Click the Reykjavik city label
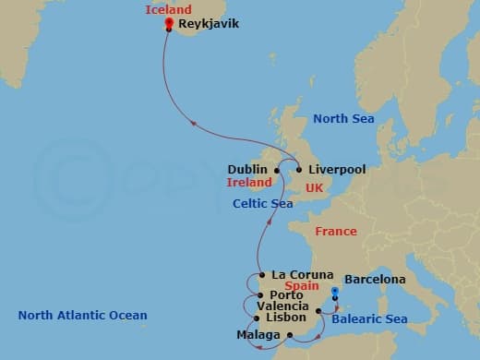pos(209,24)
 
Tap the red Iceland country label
pos(169,10)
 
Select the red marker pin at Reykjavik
pos(168,22)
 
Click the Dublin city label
pos(247,170)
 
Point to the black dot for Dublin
pos(277,170)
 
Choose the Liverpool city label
pos(337,170)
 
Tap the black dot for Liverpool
pos(298,170)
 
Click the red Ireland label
pos(249,183)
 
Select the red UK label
pos(314,187)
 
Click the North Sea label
pos(342,118)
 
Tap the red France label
pos(335,232)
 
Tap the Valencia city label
pos(277,306)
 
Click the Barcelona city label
pos(375,279)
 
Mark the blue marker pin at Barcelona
pos(335,293)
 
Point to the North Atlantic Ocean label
pos(82,316)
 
